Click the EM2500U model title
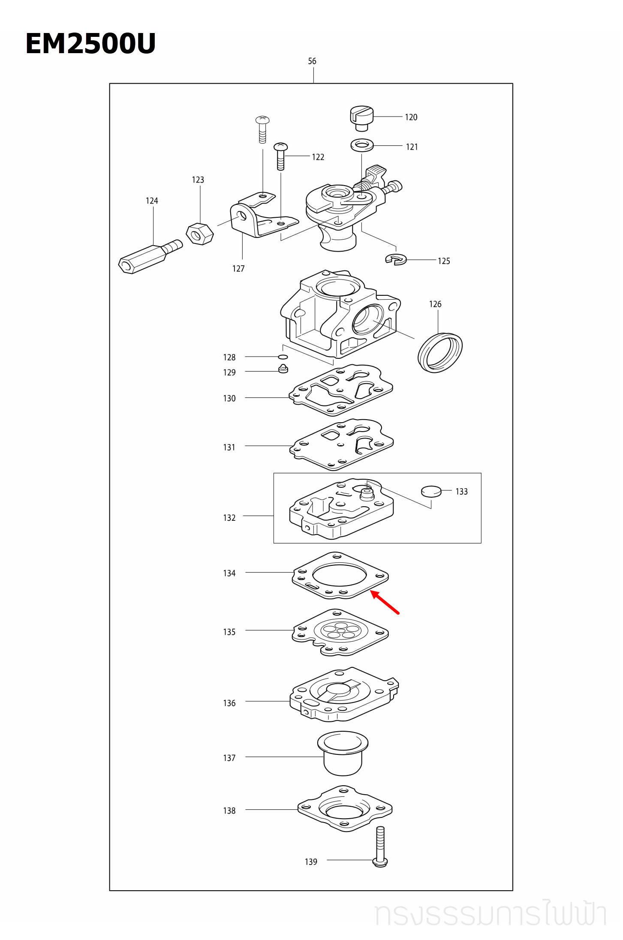point(90,43)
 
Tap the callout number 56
point(312,61)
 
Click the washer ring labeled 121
point(362,145)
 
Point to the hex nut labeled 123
point(199,234)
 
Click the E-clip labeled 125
point(396,259)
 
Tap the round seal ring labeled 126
point(440,352)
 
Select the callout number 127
point(238,269)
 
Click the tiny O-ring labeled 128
point(283,357)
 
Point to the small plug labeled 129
point(283,369)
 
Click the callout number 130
point(229,399)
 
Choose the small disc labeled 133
point(431,491)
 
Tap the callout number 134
point(229,574)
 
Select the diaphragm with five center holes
point(340,632)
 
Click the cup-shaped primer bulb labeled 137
point(343,754)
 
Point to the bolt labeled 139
point(380,847)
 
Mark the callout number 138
point(229,811)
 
